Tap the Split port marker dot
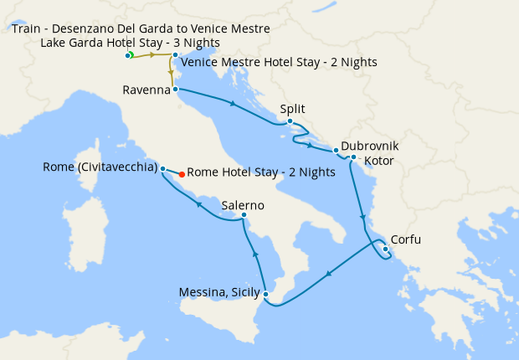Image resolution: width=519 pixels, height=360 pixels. [290, 122]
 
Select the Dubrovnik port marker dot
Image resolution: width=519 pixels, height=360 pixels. [336, 151]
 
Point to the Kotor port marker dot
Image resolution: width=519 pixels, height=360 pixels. [354, 157]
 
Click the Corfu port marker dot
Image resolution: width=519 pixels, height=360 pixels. [385, 249]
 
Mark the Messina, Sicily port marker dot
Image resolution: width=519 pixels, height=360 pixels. [265, 293]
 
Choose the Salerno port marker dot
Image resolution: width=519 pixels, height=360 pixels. [244, 216]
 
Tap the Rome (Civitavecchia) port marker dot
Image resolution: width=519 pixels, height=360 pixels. [162, 167]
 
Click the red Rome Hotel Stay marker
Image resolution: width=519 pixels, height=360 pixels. [182, 174]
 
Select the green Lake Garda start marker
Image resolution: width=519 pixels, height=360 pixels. [131, 55]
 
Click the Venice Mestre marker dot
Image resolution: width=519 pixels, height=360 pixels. [175, 55]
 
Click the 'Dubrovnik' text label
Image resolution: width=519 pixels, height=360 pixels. [370, 146]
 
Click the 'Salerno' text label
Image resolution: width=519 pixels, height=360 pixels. [243, 205]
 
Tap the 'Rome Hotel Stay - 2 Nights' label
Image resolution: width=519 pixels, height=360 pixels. [261, 172]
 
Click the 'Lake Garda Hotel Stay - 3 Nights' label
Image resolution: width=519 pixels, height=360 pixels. [130, 42]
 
